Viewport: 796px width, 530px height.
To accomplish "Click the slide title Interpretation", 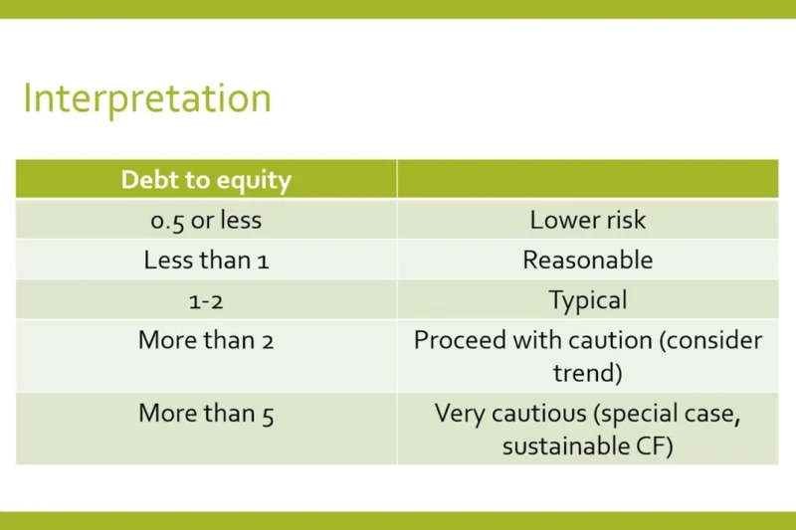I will (x=146, y=99).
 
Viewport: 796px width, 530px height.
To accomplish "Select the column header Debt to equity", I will (x=206, y=180).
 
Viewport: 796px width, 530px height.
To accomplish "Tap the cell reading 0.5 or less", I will (x=206, y=220).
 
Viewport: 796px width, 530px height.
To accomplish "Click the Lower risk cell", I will (x=587, y=220).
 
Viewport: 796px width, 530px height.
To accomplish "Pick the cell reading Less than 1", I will (x=206, y=260).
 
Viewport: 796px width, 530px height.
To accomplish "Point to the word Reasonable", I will (x=587, y=260).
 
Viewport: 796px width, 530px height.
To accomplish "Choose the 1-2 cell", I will (x=206, y=299).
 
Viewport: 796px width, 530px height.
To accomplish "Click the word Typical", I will (x=587, y=299).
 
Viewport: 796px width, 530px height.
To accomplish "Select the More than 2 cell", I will (x=206, y=340).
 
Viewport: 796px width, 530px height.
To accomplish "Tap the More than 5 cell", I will (x=206, y=414).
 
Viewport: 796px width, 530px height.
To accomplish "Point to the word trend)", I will (x=587, y=373).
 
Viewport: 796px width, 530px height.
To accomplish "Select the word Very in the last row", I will (x=457, y=414).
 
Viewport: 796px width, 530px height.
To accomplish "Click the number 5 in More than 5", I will (x=268, y=414).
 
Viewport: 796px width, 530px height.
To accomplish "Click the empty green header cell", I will (x=587, y=180).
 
